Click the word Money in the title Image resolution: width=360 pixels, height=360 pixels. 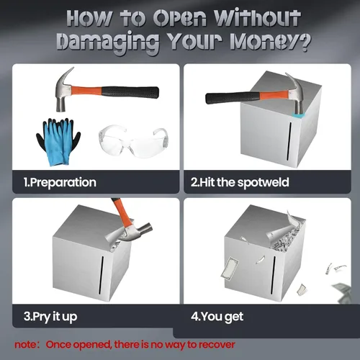point(262,41)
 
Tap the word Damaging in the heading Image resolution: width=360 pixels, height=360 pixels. point(108,42)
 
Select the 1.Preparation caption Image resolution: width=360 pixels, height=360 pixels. point(60,182)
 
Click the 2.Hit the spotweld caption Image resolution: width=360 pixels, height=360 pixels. point(240,182)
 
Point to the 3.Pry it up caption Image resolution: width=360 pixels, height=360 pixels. point(50,317)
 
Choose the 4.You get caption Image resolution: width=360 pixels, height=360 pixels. point(217,317)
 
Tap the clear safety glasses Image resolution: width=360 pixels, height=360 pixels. point(133,141)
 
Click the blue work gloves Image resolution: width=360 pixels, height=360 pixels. point(58,142)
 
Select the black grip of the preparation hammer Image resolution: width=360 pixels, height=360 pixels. point(130,92)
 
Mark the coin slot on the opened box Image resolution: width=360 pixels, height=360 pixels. point(274,275)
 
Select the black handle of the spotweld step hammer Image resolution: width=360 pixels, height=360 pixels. point(233,98)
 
